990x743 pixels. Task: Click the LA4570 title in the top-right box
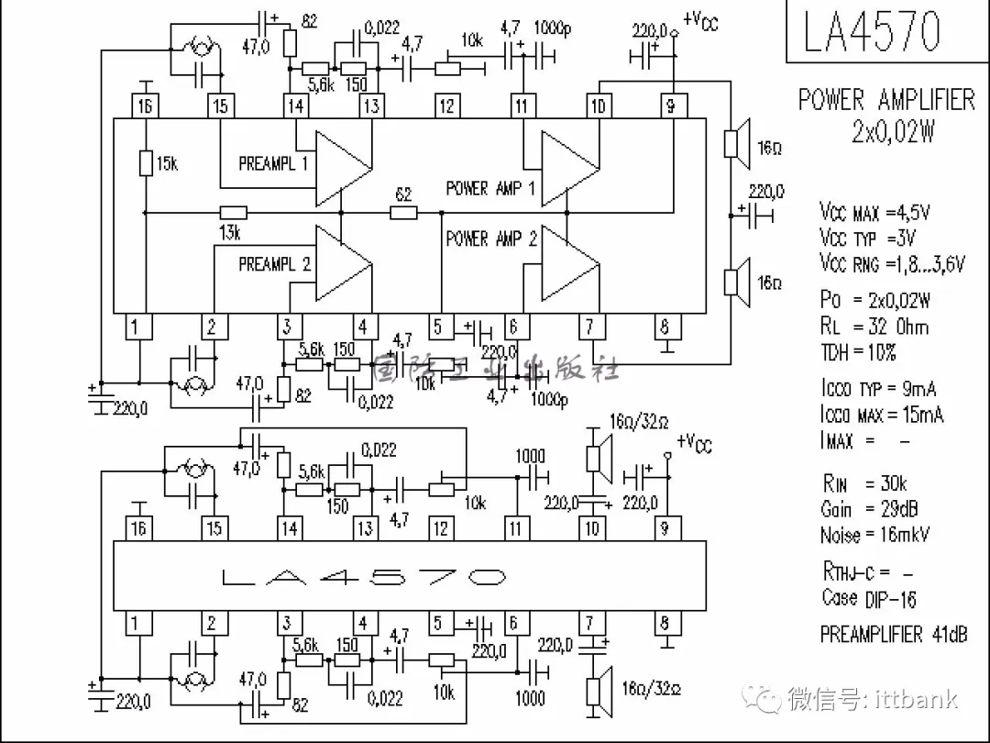(x=872, y=31)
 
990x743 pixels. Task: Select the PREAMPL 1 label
(x=273, y=164)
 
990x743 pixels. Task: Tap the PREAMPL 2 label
(x=274, y=264)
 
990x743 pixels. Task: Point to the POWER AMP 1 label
(x=490, y=188)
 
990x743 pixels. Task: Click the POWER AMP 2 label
(x=490, y=239)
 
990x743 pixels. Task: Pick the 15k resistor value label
(x=166, y=164)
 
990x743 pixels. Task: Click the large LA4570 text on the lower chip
(x=363, y=577)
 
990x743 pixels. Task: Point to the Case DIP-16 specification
(x=868, y=598)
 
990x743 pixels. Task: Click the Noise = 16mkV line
(x=874, y=534)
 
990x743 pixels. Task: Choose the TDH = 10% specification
(x=858, y=351)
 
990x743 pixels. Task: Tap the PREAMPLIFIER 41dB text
(x=893, y=634)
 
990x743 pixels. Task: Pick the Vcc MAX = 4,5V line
(x=874, y=213)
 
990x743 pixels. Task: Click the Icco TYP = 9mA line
(x=878, y=389)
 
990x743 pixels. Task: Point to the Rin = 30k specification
(x=863, y=483)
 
